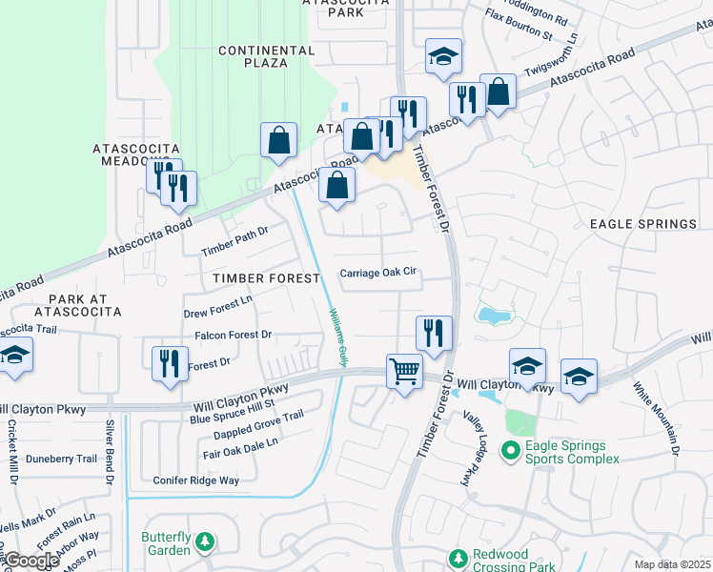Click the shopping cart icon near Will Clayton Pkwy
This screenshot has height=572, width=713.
coord(405,370)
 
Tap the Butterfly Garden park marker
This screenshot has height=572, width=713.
coord(204,543)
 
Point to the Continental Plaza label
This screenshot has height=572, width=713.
coord(253,56)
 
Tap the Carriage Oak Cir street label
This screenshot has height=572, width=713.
coord(379,272)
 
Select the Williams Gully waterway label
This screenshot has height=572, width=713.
coord(337,337)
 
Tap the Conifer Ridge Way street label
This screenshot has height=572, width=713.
coord(195,480)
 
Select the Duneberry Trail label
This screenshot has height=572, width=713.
coord(61,459)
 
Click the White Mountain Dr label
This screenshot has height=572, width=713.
coord(657,419)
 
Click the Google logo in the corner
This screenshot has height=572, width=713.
coord(31,561)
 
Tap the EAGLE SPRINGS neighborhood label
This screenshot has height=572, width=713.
coord(643,224)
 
